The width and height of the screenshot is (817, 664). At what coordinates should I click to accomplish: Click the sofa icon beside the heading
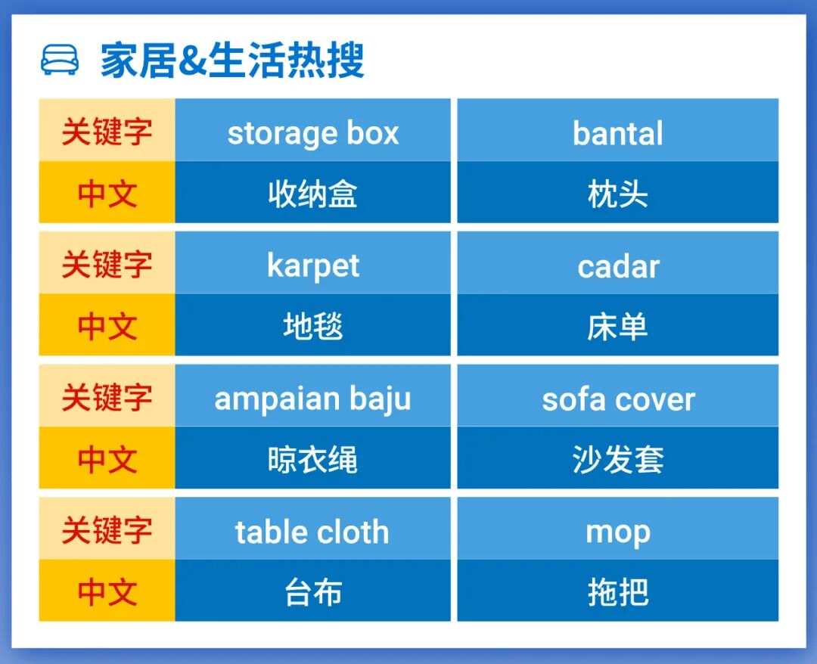59,61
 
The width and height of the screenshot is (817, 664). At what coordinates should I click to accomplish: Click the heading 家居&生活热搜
232,61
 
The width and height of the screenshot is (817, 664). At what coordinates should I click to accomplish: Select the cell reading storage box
312,133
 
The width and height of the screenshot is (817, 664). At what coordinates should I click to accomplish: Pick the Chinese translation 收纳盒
312,194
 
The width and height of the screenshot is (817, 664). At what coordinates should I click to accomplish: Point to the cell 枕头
617,194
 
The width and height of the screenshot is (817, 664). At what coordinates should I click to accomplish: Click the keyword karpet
312,266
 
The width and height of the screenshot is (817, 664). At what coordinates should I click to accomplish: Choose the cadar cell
617,266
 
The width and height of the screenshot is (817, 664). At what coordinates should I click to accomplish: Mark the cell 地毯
312,327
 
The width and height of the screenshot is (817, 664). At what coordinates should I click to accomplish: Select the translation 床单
617,327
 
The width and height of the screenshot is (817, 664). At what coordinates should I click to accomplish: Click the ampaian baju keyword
312,399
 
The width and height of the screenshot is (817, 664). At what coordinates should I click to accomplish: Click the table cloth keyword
312,532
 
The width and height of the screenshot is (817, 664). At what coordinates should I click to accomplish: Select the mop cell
617,532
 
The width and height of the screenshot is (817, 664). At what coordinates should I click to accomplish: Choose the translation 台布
312,592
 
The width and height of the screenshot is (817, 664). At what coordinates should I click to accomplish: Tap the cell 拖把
617,592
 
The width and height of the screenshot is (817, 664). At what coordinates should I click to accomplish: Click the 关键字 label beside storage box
107,132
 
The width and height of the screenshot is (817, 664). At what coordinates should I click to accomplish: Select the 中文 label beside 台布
107,592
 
